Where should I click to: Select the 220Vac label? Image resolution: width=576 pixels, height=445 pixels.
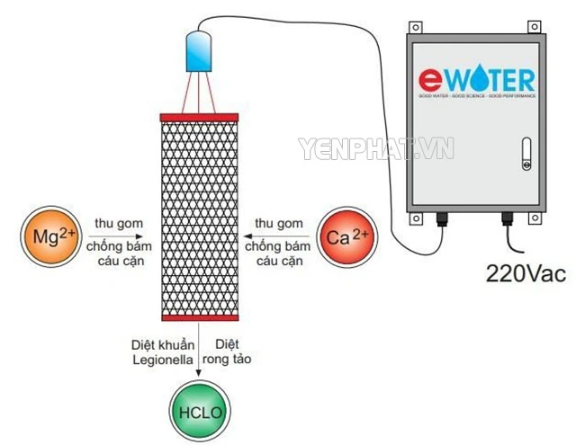[526, 272]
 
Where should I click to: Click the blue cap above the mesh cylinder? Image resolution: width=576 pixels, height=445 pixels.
[197, 50]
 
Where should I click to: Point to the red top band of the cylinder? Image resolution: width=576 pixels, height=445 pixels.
[198, 118]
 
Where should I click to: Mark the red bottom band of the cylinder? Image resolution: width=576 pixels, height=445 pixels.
[198, 317]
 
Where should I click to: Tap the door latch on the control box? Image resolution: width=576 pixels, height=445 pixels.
[526, 155]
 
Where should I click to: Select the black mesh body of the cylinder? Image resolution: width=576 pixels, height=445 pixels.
[198, 216]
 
